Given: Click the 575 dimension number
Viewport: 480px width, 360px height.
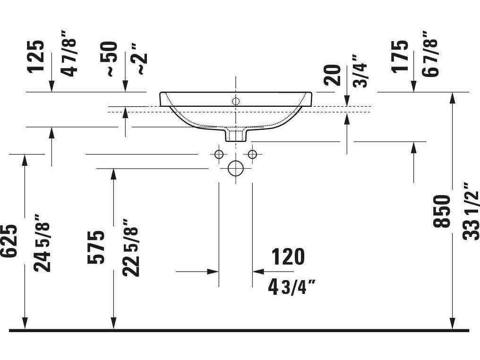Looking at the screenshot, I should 96,247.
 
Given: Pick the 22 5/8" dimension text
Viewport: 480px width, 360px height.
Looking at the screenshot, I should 130,247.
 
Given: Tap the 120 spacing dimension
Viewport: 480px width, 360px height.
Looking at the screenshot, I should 288,257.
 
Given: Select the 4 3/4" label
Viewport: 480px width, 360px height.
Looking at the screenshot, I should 291,287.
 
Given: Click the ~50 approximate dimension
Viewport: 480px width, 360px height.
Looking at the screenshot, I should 110,59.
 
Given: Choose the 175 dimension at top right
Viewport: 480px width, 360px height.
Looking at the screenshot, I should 400,56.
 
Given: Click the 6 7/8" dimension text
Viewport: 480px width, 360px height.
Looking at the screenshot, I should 431,53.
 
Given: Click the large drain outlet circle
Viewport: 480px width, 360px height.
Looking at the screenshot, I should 235,168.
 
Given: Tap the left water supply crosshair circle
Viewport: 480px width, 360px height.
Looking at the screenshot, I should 218,154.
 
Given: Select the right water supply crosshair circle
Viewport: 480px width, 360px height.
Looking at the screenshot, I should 252,154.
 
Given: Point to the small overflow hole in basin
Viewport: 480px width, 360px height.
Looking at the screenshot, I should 235,100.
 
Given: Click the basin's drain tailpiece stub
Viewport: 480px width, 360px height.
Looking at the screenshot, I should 235,135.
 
